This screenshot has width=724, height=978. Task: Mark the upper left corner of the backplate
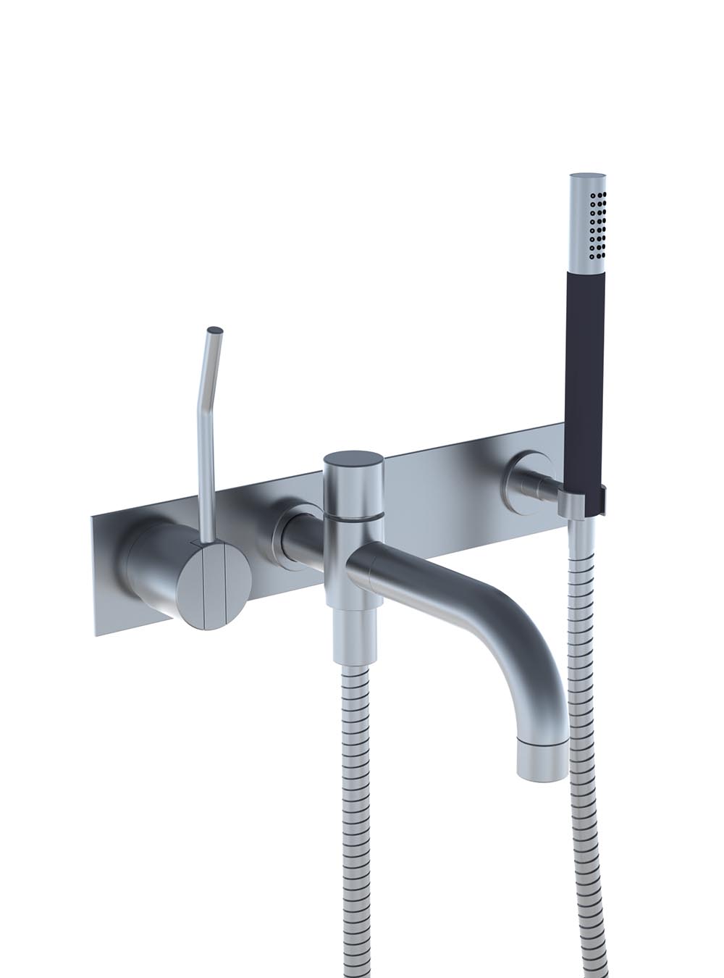(92, 517)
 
